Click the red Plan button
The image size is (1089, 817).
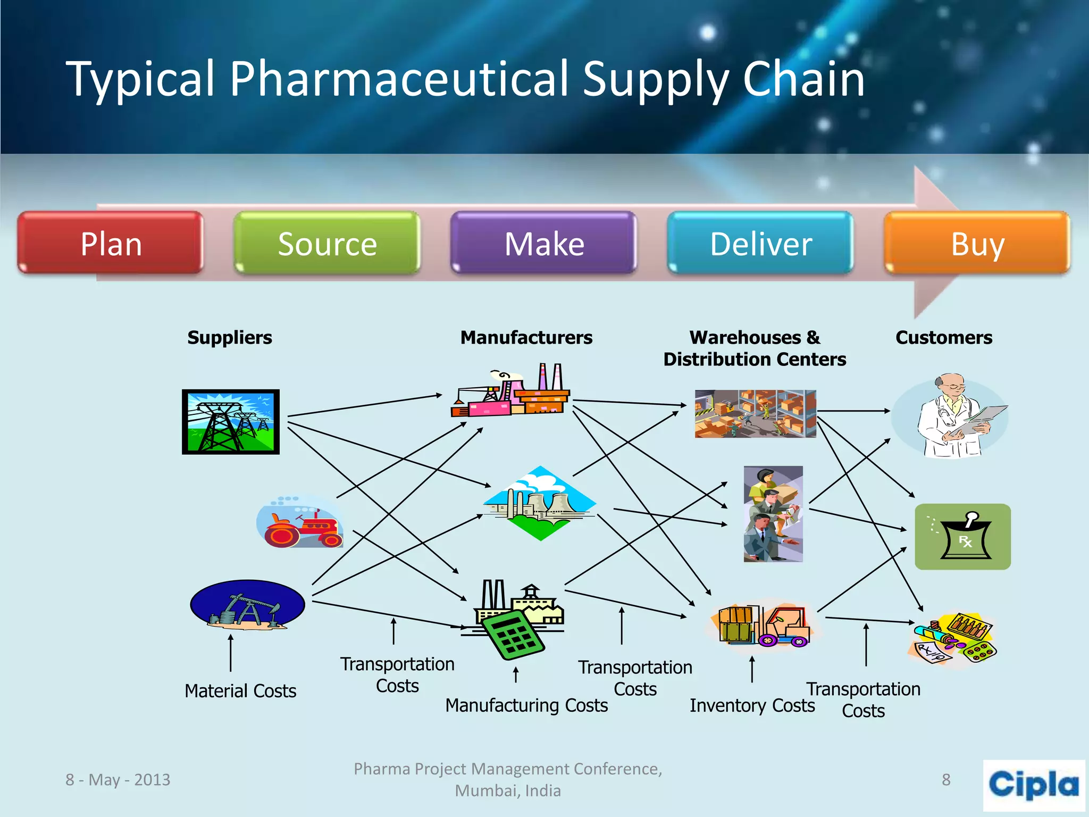[111, 244]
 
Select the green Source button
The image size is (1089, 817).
[327, 244]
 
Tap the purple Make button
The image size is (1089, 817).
[543, 244]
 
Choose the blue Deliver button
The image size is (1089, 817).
[760, 244]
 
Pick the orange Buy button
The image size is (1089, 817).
[977, 244]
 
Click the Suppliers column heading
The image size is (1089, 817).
[229, 337]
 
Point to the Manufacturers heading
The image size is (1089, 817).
[526, 337]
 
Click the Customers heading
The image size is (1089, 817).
[943, 337]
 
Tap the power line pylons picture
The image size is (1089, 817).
[230, 421]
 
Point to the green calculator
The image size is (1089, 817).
[514, 635]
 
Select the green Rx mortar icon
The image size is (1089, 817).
[962, 536]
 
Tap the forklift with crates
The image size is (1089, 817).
[764, 626]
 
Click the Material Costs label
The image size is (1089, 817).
[240, 691]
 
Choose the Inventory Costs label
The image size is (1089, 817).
[751, 705]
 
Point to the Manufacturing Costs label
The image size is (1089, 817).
[526, 705]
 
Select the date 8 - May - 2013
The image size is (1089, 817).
[118, 779]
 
